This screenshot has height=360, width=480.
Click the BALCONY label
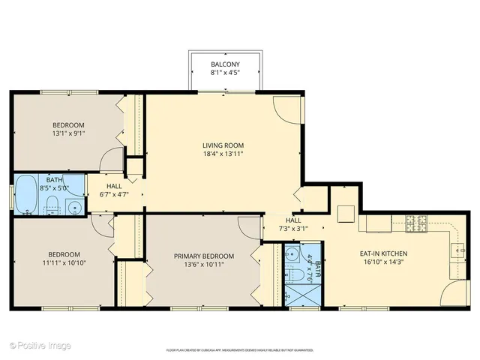225,65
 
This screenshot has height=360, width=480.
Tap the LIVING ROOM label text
223,145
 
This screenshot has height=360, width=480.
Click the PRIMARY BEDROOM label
199,256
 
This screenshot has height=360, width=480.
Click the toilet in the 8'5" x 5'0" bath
52,206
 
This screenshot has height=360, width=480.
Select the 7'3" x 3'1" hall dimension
293,228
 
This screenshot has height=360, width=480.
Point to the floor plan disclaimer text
239,349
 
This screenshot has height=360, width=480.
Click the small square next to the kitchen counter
346,214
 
